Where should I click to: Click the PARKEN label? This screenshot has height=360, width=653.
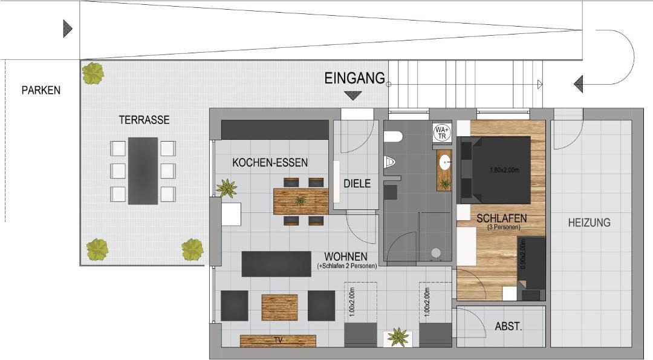(41, 90)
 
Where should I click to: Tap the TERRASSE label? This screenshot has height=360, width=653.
(144, 120)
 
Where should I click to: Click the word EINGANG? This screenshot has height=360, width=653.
(355, 78)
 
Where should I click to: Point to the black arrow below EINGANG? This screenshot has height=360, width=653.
(353, 96)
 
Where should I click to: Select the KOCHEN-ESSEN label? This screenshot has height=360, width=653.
(270, 163)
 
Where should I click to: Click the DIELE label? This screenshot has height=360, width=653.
(357, 183)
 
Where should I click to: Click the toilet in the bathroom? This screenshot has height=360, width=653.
(394, 137)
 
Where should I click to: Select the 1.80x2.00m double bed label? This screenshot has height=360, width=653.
(504, 170)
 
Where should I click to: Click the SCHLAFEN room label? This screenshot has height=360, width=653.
(501, 218)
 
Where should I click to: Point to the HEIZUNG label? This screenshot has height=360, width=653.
(590, 223)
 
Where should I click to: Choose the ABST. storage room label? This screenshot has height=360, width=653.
(508, 326)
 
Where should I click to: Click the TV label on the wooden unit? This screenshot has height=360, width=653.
(279, 340)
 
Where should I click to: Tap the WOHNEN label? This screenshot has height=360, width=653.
(346, 257)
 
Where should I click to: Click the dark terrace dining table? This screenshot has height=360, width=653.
(143, 171)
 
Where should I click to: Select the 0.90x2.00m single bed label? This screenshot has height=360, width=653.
(523, 254)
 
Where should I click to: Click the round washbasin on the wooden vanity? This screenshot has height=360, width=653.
(445, 162)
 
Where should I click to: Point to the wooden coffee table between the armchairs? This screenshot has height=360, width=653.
(279, 307)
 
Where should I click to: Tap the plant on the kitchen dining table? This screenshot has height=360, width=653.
(300, 201)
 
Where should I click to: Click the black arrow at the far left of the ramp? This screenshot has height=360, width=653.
(68, 29)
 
